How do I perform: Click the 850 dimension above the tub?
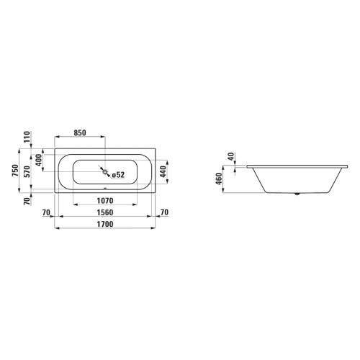pos(79,132)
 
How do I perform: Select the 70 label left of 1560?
pos(48,212)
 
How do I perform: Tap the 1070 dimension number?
pos(105,201)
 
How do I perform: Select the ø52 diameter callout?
pos(118,174)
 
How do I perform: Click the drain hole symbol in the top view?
pos(105,172)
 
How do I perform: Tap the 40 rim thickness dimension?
pos(230,156)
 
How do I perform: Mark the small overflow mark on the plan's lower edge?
pos(105,192)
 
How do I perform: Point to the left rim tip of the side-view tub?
pos(246,165)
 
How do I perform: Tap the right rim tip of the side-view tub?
pos(348,165)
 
